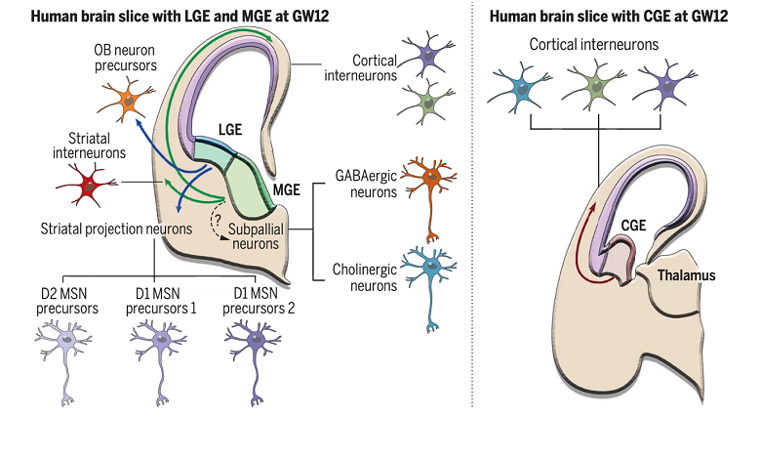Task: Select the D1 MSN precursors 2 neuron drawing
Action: click(252, 342)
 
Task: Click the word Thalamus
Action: click(686, 275)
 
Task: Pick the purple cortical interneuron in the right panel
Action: click(670, 90)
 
